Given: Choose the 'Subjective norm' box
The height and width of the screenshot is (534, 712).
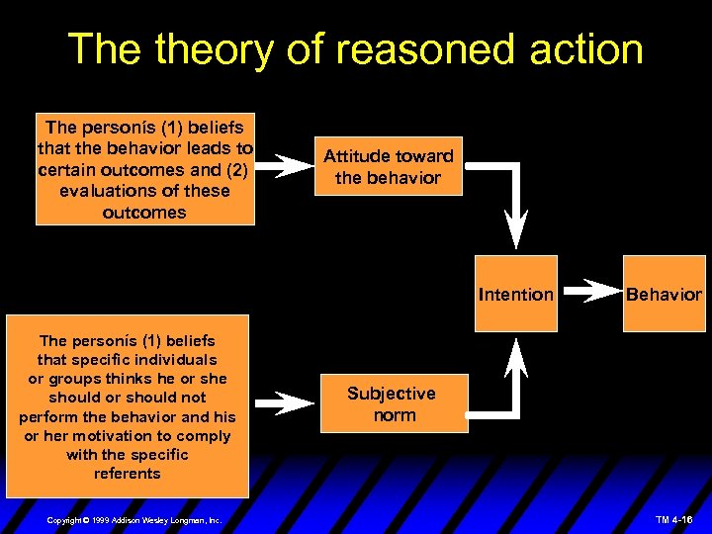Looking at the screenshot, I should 394,404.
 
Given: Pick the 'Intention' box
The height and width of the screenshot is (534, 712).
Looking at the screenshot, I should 515,294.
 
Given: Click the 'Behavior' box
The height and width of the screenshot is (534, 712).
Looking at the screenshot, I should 663,294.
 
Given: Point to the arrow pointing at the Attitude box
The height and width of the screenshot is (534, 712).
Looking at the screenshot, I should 291,166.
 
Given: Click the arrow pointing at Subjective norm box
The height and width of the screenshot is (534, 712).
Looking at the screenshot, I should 291,404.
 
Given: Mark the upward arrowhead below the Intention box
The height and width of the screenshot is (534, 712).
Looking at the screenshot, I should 516,356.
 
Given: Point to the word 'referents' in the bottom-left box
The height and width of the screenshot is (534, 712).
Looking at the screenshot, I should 127,473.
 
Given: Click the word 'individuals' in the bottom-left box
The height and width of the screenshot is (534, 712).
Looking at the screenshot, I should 170,359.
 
